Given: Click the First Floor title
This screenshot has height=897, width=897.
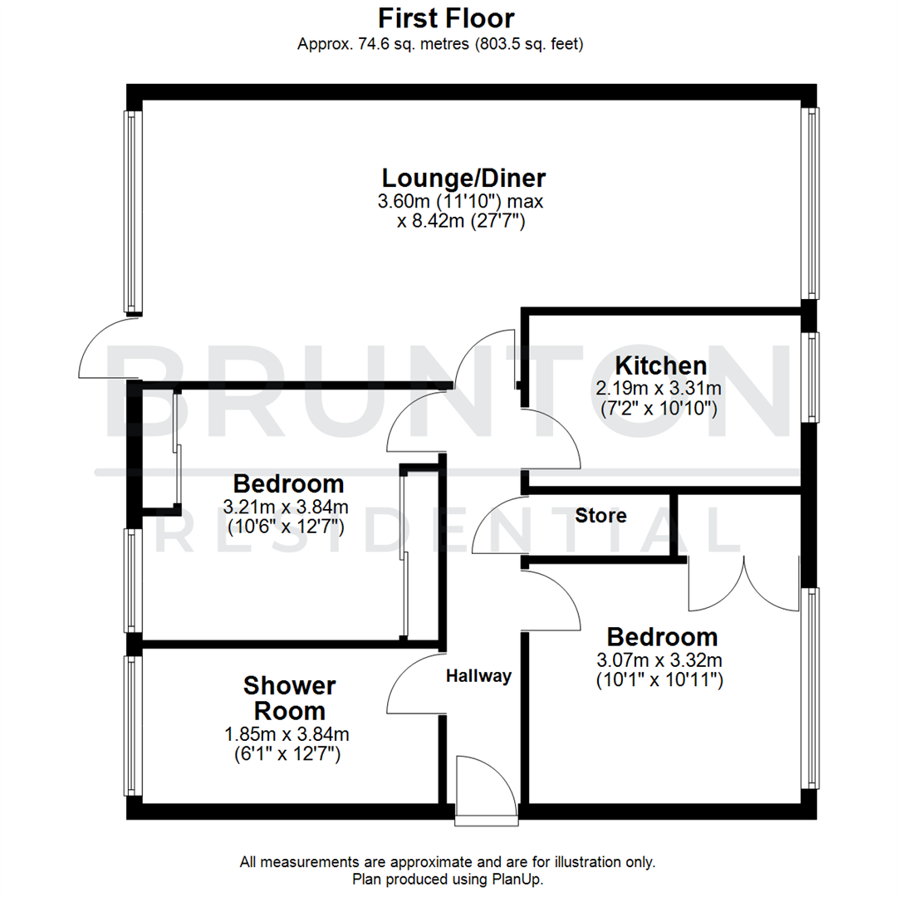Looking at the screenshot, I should point(446,17).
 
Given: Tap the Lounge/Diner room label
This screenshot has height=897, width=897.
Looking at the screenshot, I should point(463,178).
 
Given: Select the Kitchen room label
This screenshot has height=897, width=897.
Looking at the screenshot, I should point(660,365).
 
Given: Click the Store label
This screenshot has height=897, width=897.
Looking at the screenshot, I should point(600,516).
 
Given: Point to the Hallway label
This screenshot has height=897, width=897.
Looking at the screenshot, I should point(478,676).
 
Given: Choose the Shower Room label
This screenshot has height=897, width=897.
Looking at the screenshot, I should point(289,698).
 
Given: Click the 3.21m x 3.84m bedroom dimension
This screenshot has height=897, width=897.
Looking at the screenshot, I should point(287,507).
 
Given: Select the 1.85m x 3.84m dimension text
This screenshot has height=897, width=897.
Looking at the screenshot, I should point(287,734).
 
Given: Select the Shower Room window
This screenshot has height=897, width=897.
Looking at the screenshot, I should point(132,725).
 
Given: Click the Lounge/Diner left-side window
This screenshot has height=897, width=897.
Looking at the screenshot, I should point(132,211).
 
